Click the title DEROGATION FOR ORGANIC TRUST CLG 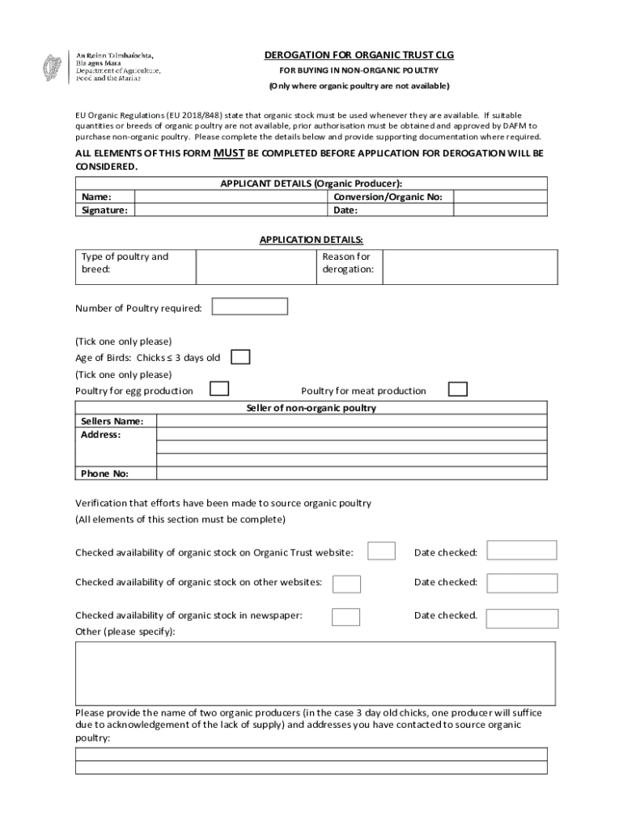pyautogui.click(x=358, y=55)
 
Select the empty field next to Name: pyautogui.click(x=231, y=197)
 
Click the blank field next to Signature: pyautogui.click(x=231, y=210)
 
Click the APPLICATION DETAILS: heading pyautogui.click(x=311, y=240)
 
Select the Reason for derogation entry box pyautogui.click(x=469, y=266)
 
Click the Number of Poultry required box pyautogui.click(x=249, y=307)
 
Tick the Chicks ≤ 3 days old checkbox pyautogui.click(x=240, y=357)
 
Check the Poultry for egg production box pyautogui.click(x=218, y=389)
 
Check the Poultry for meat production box pyautogui.click(x=458, y=389)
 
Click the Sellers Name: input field pyautogui.click(x=351, y=421)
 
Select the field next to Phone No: pyautogui.click(x=351, y=474)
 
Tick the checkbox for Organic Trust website pyautogui.click(x=381, y=551)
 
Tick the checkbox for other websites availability pyautogui.click(x=347, y=583)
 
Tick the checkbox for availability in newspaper pyautogui.click(x=346, y=616)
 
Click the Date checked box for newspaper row pyautogui.click(x=522, y=617)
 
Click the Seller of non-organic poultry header pyautogui.click(x=311, y=408)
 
